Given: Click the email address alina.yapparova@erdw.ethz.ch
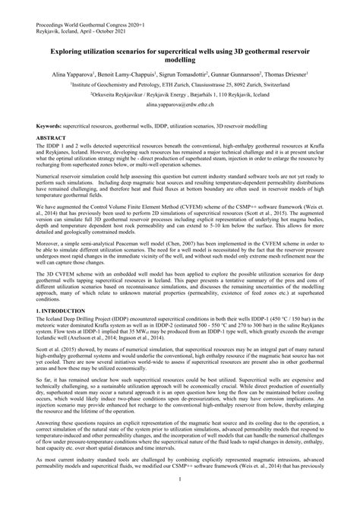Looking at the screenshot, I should (179, 109).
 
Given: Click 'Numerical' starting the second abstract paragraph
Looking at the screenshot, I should (43, 175).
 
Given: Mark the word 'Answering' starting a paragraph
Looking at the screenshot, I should (44, 425).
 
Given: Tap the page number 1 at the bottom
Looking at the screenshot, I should (180, 498).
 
